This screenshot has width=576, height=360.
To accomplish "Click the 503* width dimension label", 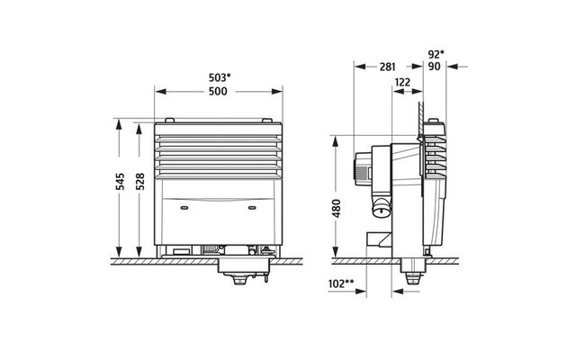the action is (220, 78).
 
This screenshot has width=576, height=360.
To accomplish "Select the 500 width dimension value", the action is (218, 92).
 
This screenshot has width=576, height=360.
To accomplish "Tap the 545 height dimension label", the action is (120, 182).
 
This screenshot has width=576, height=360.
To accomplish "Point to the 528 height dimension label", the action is (140, 182).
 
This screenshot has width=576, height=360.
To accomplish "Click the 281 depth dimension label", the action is (388, 67).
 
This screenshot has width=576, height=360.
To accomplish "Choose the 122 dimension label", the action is (402, 82).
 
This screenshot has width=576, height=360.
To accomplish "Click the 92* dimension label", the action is (436, 54).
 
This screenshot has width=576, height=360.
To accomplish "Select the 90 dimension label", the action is (434, 67).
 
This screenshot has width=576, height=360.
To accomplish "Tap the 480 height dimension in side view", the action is (337, 208).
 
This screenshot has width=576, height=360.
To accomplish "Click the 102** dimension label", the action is (341, 283).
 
